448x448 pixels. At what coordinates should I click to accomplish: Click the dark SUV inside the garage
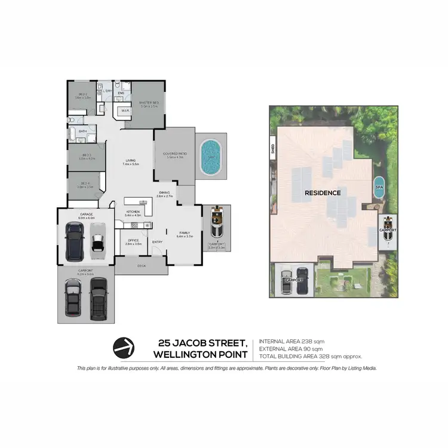pos(75,241)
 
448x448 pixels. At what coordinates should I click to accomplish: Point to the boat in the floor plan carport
pos(216,223)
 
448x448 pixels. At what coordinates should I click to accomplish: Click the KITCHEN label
pos(132,211)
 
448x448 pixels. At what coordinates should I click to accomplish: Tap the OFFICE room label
pos(133,241)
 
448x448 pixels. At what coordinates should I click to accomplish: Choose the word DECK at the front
pos(142,265)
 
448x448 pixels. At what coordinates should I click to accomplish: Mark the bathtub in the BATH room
pos(72,133)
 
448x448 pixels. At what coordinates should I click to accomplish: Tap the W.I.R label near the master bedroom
pos(126,111)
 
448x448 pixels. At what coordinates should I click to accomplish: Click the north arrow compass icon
pos(123,346)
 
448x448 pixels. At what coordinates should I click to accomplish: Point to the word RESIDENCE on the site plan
pos(323,193)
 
